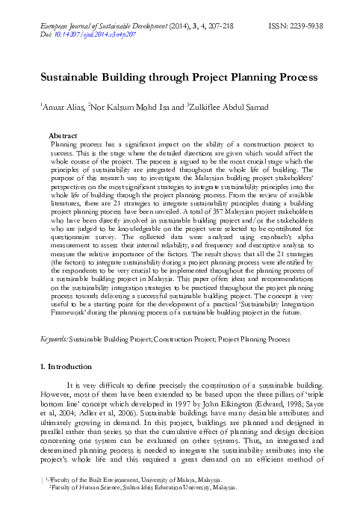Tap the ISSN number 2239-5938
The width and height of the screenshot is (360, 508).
click(307, 25)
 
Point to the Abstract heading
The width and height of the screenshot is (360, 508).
click(63, 134)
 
